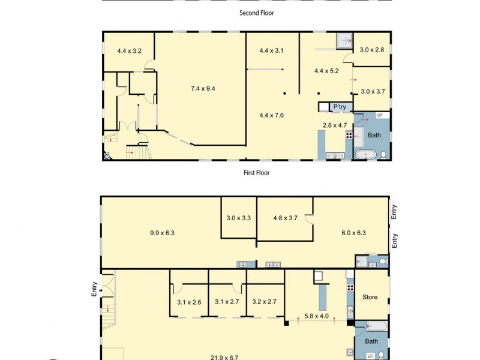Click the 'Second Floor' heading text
(256, 13)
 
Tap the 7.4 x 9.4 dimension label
(203, 89)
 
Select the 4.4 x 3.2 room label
(129, 51)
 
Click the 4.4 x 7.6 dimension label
(271, 115)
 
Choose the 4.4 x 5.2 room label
(326, 71)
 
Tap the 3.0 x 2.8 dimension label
(371, 50)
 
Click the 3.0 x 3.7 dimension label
(372, 92)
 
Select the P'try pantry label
(340, 107)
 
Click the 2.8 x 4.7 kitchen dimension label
(335, 125)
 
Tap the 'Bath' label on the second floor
(374, 135)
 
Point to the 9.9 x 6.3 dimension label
(162, 233)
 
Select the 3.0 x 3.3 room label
(238, 218)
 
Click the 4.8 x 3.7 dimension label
(285, 218)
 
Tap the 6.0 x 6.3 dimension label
(353, 233)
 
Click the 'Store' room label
(370, 297)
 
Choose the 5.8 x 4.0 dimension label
(316, 316)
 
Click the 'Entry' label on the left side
(94, 290)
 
